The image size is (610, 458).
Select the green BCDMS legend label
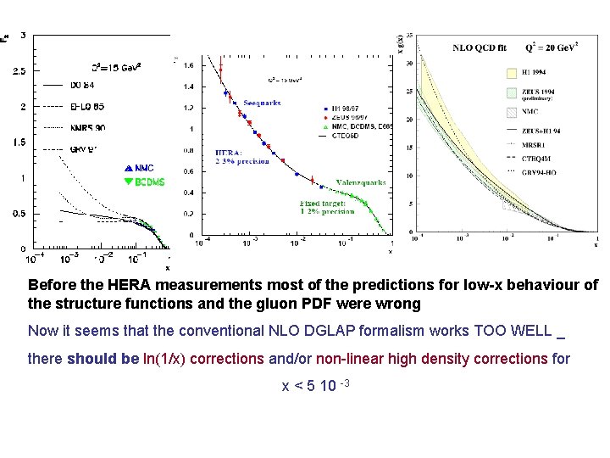147,182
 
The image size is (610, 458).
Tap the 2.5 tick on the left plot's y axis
19,71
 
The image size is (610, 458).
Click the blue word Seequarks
262,103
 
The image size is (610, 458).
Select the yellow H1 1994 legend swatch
513,73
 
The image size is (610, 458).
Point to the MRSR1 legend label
546,143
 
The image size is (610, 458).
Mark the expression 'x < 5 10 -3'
315,387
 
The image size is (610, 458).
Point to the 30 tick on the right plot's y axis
409,64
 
